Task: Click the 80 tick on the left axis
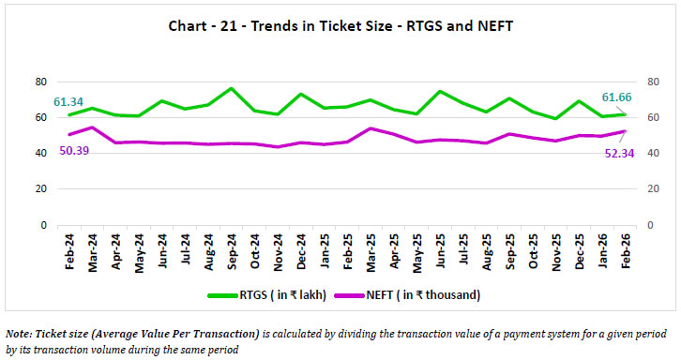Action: tap(40, 82)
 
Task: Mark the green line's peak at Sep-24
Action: tap(231, 88)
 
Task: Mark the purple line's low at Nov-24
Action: tap(277, 146)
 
